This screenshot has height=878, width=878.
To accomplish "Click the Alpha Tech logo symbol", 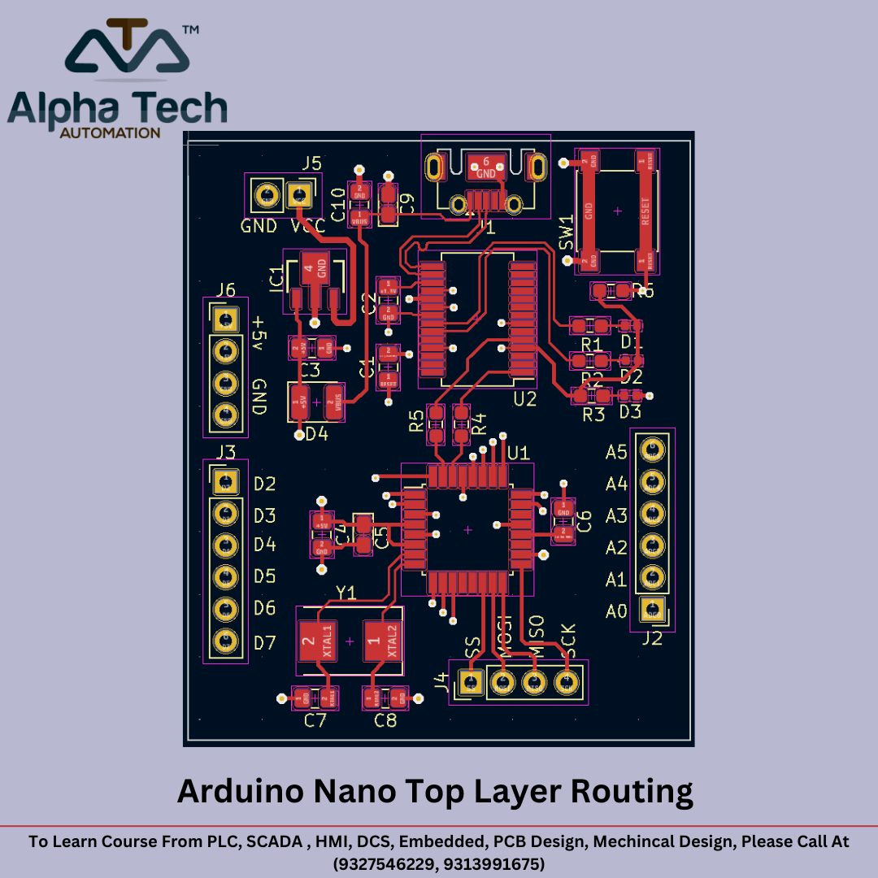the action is coord(128,50).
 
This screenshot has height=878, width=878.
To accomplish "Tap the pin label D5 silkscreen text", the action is coord(264,576).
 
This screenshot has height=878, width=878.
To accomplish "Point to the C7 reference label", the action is coord(315,720).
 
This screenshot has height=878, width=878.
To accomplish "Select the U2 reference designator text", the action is coord(525,399).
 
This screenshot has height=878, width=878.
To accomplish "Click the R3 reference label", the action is coord(594,414).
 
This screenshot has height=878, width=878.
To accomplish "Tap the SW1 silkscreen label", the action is coord(567,233).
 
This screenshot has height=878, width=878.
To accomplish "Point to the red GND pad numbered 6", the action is coord(485,167).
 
